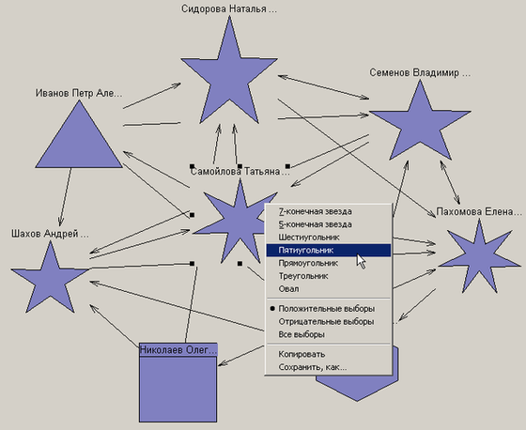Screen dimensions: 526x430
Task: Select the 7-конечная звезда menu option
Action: coord(315,211)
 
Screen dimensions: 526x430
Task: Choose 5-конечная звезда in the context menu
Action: coord(315,224)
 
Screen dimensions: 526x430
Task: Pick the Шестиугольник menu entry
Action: coord(309,238)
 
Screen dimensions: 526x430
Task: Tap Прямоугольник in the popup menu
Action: coord(308,263)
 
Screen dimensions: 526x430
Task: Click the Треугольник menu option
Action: coord(303,276)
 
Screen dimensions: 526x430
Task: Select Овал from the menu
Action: coord(289,289)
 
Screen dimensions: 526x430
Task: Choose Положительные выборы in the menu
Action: coord(327,309)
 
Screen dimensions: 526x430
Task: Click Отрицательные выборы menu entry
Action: coord(326,322)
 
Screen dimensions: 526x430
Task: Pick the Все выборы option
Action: coord(302,334)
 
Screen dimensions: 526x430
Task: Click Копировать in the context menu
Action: coord(302,354)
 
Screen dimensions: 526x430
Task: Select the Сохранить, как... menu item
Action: coord(313,367)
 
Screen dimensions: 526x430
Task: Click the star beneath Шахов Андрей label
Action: coord(51,280)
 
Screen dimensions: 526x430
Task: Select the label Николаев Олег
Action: coord(178,350)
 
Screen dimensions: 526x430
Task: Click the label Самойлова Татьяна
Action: coord(240,172)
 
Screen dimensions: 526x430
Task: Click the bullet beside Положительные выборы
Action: coord(272,309)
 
